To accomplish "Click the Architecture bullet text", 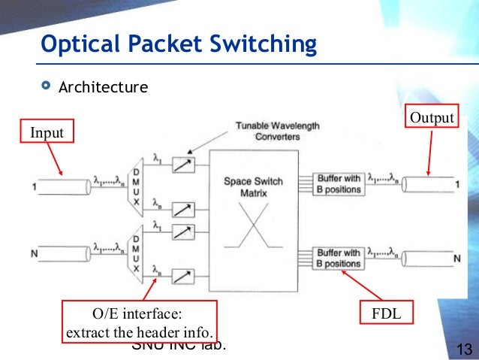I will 104,87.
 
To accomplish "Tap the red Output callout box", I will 431,118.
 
